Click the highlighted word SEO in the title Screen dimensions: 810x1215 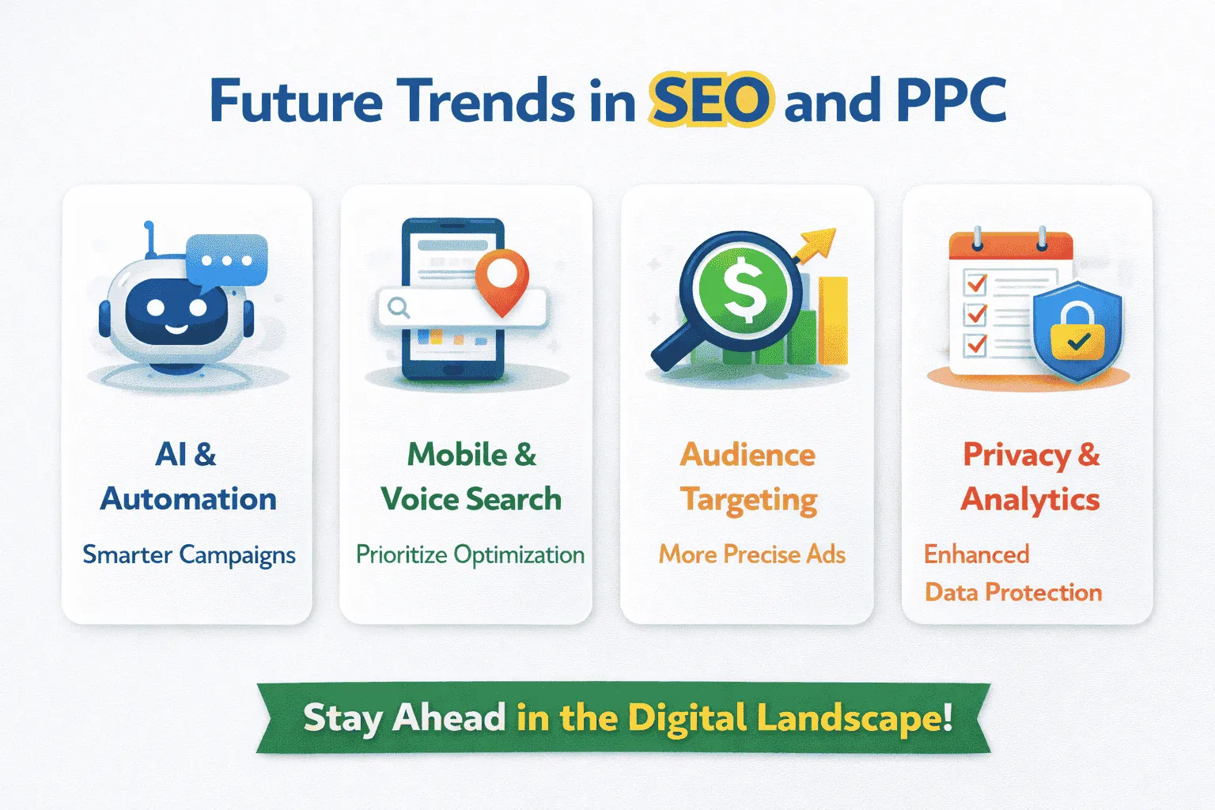[710, 101]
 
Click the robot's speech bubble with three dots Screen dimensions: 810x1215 [227, 260]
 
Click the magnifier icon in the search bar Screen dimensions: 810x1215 [399, 307]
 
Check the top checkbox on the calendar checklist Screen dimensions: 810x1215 [977, 282]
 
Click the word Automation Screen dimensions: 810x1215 [188, 499]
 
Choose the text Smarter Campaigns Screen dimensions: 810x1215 [189, 555]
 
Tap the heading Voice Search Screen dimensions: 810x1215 [471, 499]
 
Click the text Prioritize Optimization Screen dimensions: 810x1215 [470, 555]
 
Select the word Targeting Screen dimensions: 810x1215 [749, 501]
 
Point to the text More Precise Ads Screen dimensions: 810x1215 [751, 555]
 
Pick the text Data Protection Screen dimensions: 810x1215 [1013, 592]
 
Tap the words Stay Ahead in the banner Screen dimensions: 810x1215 [404, 718]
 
